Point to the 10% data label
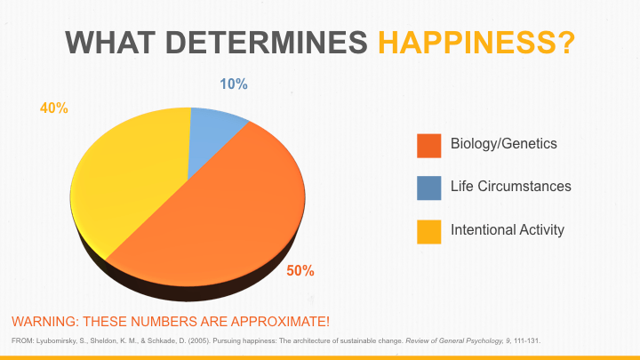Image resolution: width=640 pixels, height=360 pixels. (234, 84)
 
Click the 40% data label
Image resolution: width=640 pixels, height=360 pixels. (53, 108)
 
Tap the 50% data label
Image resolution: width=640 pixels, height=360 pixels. (300, 270)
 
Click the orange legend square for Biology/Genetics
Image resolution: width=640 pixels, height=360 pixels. (429, 144)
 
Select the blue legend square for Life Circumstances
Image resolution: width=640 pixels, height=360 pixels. (429, 188)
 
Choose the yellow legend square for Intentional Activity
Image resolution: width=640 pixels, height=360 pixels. (429, 230)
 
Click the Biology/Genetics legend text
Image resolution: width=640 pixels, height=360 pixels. (504, 143)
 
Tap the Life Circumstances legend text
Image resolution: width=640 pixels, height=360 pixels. (510, 187)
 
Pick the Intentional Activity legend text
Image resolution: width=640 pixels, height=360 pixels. (507, 229)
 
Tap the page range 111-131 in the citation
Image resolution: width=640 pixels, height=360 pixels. (524, 340)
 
